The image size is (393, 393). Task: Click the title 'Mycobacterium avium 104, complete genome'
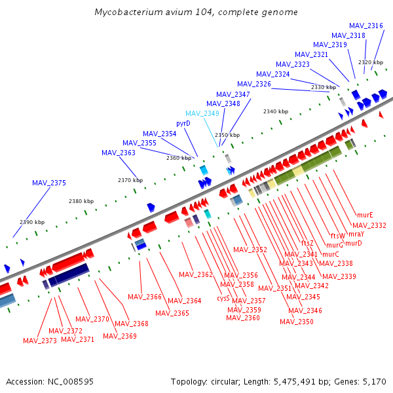click(x=196, y=12)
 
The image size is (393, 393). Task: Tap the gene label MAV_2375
click(x=49, y=183)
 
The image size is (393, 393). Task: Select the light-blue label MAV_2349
click(x=202, y=113)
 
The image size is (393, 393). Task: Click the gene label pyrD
click(x=183, y=123)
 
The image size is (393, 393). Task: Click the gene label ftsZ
click(x=307, y=243)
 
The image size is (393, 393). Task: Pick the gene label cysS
click(x=223, y=297)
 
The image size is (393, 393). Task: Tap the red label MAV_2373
click(x=40, y=341)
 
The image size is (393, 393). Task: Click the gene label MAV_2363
click(x=119, y=153)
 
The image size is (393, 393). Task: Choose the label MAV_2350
click(x=297, y=322)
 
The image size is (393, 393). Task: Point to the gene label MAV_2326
click(x=254, y=84)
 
